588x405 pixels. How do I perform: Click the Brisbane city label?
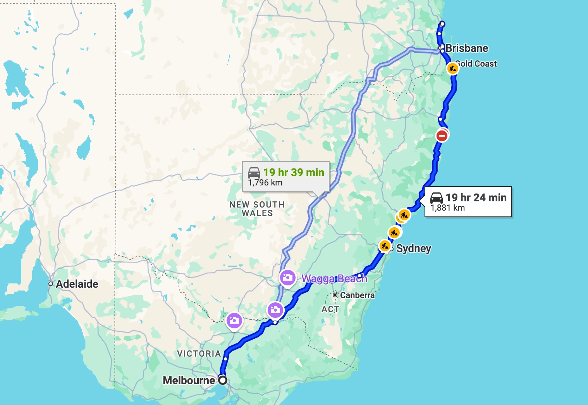coord(467,48)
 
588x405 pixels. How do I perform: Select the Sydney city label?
coord(413,248)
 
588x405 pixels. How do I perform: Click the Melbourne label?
coord(189,380)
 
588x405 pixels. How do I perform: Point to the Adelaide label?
coord(77,284)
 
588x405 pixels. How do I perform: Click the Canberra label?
coord(357,295)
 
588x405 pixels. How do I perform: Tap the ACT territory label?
coord(330,309)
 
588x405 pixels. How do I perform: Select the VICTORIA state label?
coord(199,354)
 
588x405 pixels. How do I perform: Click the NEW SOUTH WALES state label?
coord(257,209)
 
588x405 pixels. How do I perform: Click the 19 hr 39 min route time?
coord(294,172)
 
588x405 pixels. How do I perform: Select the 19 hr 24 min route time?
coord(476,197)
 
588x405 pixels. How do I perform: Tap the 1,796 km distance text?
coord(265,183)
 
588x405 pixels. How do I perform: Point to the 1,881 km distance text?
coord(447,208)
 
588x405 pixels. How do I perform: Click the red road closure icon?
coord(442,136)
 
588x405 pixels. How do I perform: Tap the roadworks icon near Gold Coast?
coord(452,69)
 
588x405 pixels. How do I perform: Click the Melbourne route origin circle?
coord(223,380)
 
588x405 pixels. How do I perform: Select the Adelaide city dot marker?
coord(51,284)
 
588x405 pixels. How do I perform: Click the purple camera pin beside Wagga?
coord(287,277)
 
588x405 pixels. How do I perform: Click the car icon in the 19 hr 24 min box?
coord(437,197)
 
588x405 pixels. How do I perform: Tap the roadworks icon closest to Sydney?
coord(385,245)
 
